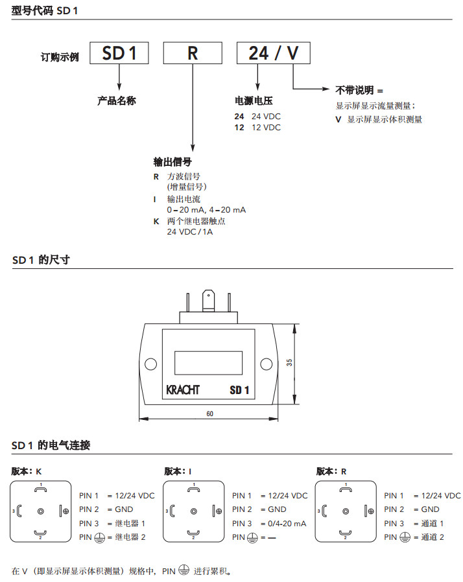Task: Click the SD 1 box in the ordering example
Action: coord(119,53)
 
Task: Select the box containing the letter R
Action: coord(193,53)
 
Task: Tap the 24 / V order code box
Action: coord(273,53)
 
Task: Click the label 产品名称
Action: coord(117,101)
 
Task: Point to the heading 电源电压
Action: coord(254,101)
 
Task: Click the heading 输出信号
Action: coord(172,161)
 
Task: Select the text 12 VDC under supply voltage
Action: coord(266,128)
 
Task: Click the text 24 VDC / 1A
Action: coord(190,232)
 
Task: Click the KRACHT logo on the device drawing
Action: coord(183,390)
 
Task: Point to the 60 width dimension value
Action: coord(210,413)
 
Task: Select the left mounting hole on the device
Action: coord(150,364)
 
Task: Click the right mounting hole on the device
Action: coord(266,364)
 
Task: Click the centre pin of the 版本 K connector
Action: coord(41,511)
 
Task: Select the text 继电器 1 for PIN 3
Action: coord(130,523)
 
